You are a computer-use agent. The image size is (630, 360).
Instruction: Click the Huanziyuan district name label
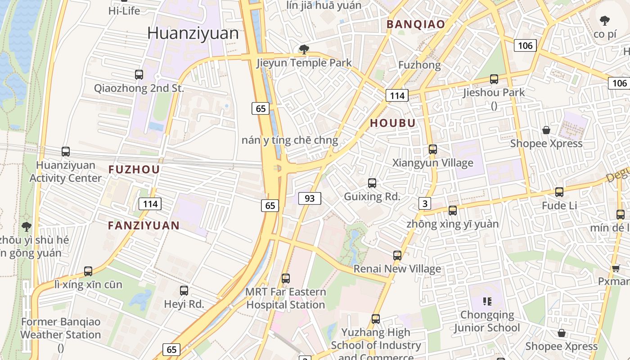[193, 33]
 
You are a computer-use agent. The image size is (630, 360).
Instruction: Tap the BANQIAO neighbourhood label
[416, 24]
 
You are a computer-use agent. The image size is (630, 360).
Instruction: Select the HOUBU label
[392, 123]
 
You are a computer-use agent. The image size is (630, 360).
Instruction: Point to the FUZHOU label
[134, 170]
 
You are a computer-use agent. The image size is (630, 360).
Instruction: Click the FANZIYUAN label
[144, 225]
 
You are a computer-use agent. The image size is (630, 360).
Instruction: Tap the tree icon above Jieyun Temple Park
[304, 49]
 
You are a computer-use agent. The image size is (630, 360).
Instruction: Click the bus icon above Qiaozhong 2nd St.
[139, 75]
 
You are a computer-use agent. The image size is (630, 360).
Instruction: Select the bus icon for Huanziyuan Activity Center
[66, 152]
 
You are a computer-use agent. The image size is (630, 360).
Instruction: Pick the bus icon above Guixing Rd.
[372, 183]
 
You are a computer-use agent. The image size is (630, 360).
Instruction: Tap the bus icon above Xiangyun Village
[433, 149]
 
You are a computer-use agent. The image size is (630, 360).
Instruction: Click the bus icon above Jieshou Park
[494, 79]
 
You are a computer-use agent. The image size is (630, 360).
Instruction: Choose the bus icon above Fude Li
[559, 192]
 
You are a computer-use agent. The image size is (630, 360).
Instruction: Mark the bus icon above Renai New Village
[397, 256]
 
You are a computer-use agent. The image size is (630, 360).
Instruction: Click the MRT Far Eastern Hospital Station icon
[286, 279]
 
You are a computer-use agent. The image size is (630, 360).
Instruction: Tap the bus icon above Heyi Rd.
[184, 291]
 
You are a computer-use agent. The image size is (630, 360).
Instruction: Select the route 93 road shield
[310, 198]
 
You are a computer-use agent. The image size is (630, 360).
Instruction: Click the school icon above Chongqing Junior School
[487, 301]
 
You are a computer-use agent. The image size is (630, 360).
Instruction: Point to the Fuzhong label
[419, 65]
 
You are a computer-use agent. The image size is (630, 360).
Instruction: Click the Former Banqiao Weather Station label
[60, 328]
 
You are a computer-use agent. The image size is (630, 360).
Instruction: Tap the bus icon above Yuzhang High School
[376, 319]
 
